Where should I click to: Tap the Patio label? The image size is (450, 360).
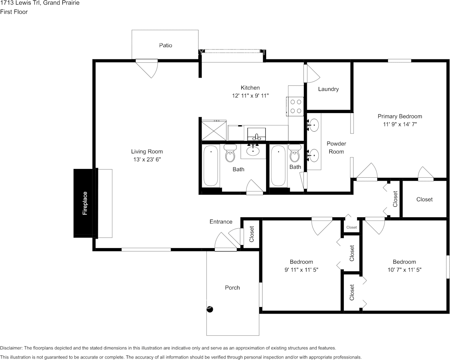coord(166,45)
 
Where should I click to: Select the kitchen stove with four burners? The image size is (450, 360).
coord(296,106)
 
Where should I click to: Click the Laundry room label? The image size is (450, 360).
coord(328,89)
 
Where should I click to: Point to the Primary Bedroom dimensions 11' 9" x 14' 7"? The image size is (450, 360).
coord(400,124)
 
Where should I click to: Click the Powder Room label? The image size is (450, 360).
coord(336,148)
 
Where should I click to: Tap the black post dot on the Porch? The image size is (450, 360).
coord(210,309)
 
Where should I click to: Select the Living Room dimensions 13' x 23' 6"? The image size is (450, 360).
coord(147,160)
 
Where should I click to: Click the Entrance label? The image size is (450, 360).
coord(221,221)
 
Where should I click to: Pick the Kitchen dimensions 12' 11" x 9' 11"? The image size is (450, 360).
coord(250,96)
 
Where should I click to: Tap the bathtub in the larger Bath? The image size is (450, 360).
coord(211,166)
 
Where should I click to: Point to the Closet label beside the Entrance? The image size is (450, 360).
coord(252,234)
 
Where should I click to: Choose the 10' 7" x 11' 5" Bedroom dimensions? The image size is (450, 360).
coord(404,269)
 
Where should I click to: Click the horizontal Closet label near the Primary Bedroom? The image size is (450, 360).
coord(424,199)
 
